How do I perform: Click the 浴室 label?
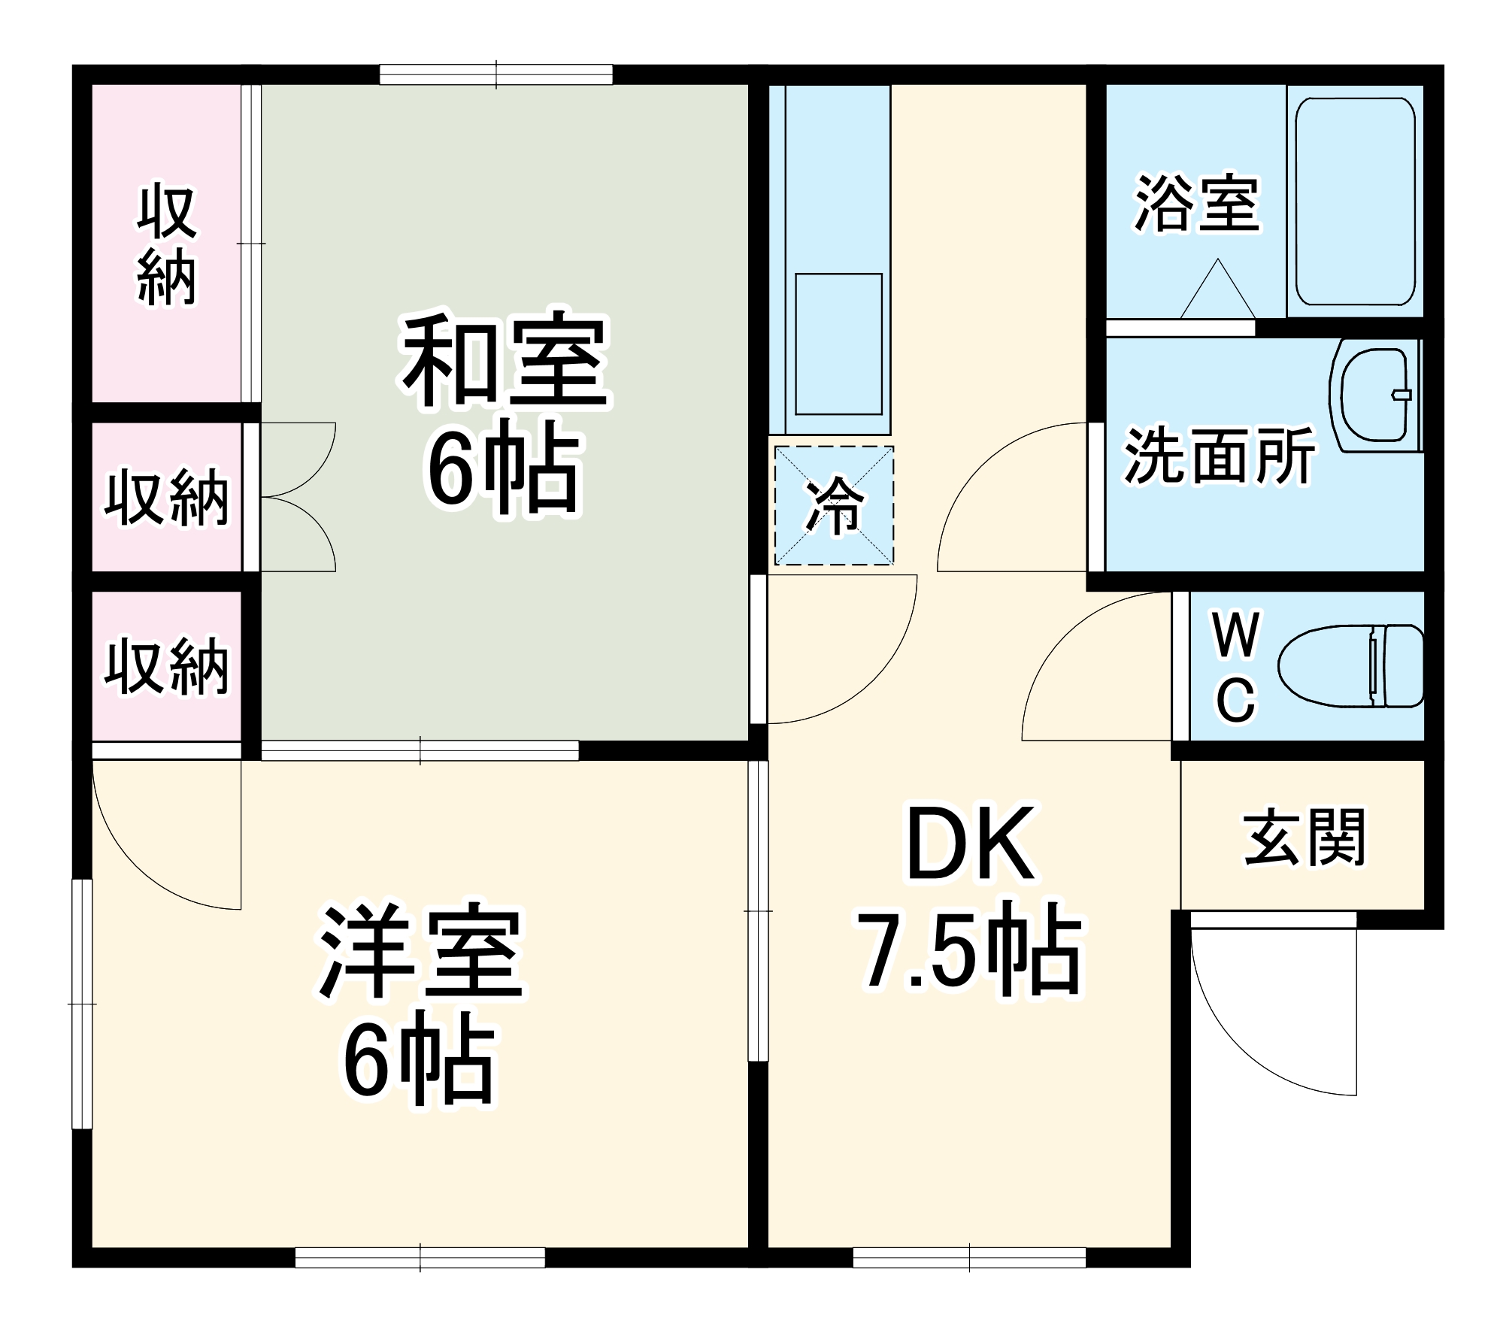[x=1196, y=203]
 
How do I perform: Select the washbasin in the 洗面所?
[x=1374, y=395]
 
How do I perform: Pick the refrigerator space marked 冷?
[x=834, y=505]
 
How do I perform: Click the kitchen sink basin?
[x=838, y=344]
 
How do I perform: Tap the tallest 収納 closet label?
[x=166, y=244]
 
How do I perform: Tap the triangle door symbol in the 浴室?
[x=1217, y=293]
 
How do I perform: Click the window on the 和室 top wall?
[x=495, y=75]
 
